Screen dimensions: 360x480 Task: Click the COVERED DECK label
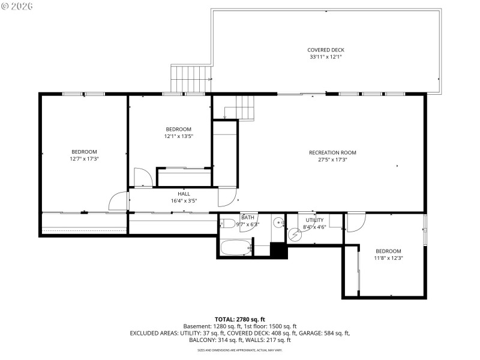(326, 50)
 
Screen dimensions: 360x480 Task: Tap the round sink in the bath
(278, 223)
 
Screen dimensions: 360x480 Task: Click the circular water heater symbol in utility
(293, 235)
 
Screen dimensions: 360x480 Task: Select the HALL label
(184, 194)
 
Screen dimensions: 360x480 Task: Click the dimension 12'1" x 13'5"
(179, 136)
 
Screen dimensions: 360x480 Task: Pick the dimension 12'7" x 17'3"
(84, 159)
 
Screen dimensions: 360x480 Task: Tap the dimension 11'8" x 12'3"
(388, 258)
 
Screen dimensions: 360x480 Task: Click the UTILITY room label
(315, 220)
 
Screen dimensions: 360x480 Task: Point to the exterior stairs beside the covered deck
(191, 79)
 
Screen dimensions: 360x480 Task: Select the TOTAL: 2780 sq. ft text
(239, 319)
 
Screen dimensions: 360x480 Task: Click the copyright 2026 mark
(17, 6)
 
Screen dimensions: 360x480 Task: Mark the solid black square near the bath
(278, 250)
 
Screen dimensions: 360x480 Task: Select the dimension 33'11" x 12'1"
(326, 57)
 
